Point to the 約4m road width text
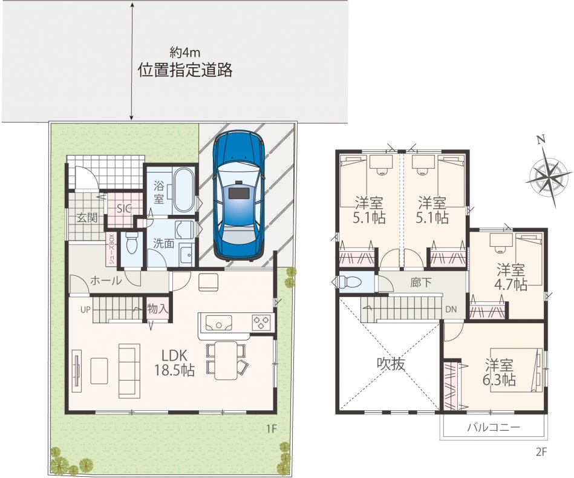click(184, 53)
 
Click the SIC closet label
click(124, 208)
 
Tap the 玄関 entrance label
click(87, 218)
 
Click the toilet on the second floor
click(350, 282)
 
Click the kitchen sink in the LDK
click(218, 323)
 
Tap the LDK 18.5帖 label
click(173, 362)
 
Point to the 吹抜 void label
click(391, 364)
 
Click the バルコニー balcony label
click(494, 427)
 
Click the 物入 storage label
click(157, 309)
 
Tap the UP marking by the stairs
click(85, 310)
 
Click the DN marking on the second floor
click(451, 309)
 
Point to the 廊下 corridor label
click(420, 283)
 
